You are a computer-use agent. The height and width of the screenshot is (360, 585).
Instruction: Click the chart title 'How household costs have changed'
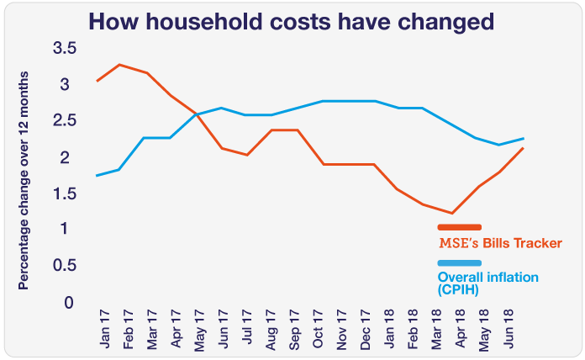pos(292,21)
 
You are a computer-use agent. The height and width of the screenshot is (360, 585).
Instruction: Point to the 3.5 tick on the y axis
pos(65,49)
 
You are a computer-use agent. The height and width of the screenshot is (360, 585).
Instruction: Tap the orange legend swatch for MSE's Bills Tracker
pos(459,227)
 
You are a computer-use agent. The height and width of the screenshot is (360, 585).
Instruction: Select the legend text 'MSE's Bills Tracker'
pos(500,243)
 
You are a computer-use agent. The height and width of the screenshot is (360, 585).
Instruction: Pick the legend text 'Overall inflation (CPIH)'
pos(487,283)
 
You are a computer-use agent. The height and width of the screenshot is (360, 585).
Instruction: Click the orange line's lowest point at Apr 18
pos(452,214)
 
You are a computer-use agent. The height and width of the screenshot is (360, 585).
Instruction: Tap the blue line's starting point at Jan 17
pos(97,176)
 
